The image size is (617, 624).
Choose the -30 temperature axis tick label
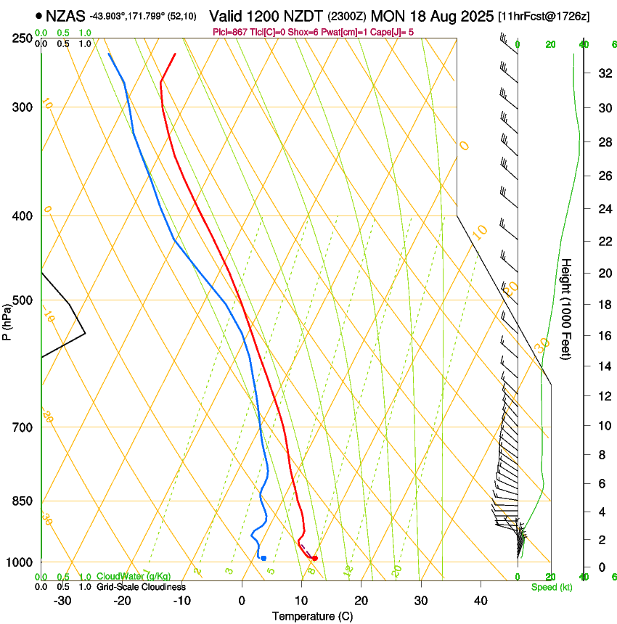(62, 601)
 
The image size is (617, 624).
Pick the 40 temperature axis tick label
(481, 601)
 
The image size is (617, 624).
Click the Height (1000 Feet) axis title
(567, 309)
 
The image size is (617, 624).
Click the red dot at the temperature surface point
(314, 558)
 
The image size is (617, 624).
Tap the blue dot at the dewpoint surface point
(263, 558)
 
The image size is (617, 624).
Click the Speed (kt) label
(551, 586)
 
